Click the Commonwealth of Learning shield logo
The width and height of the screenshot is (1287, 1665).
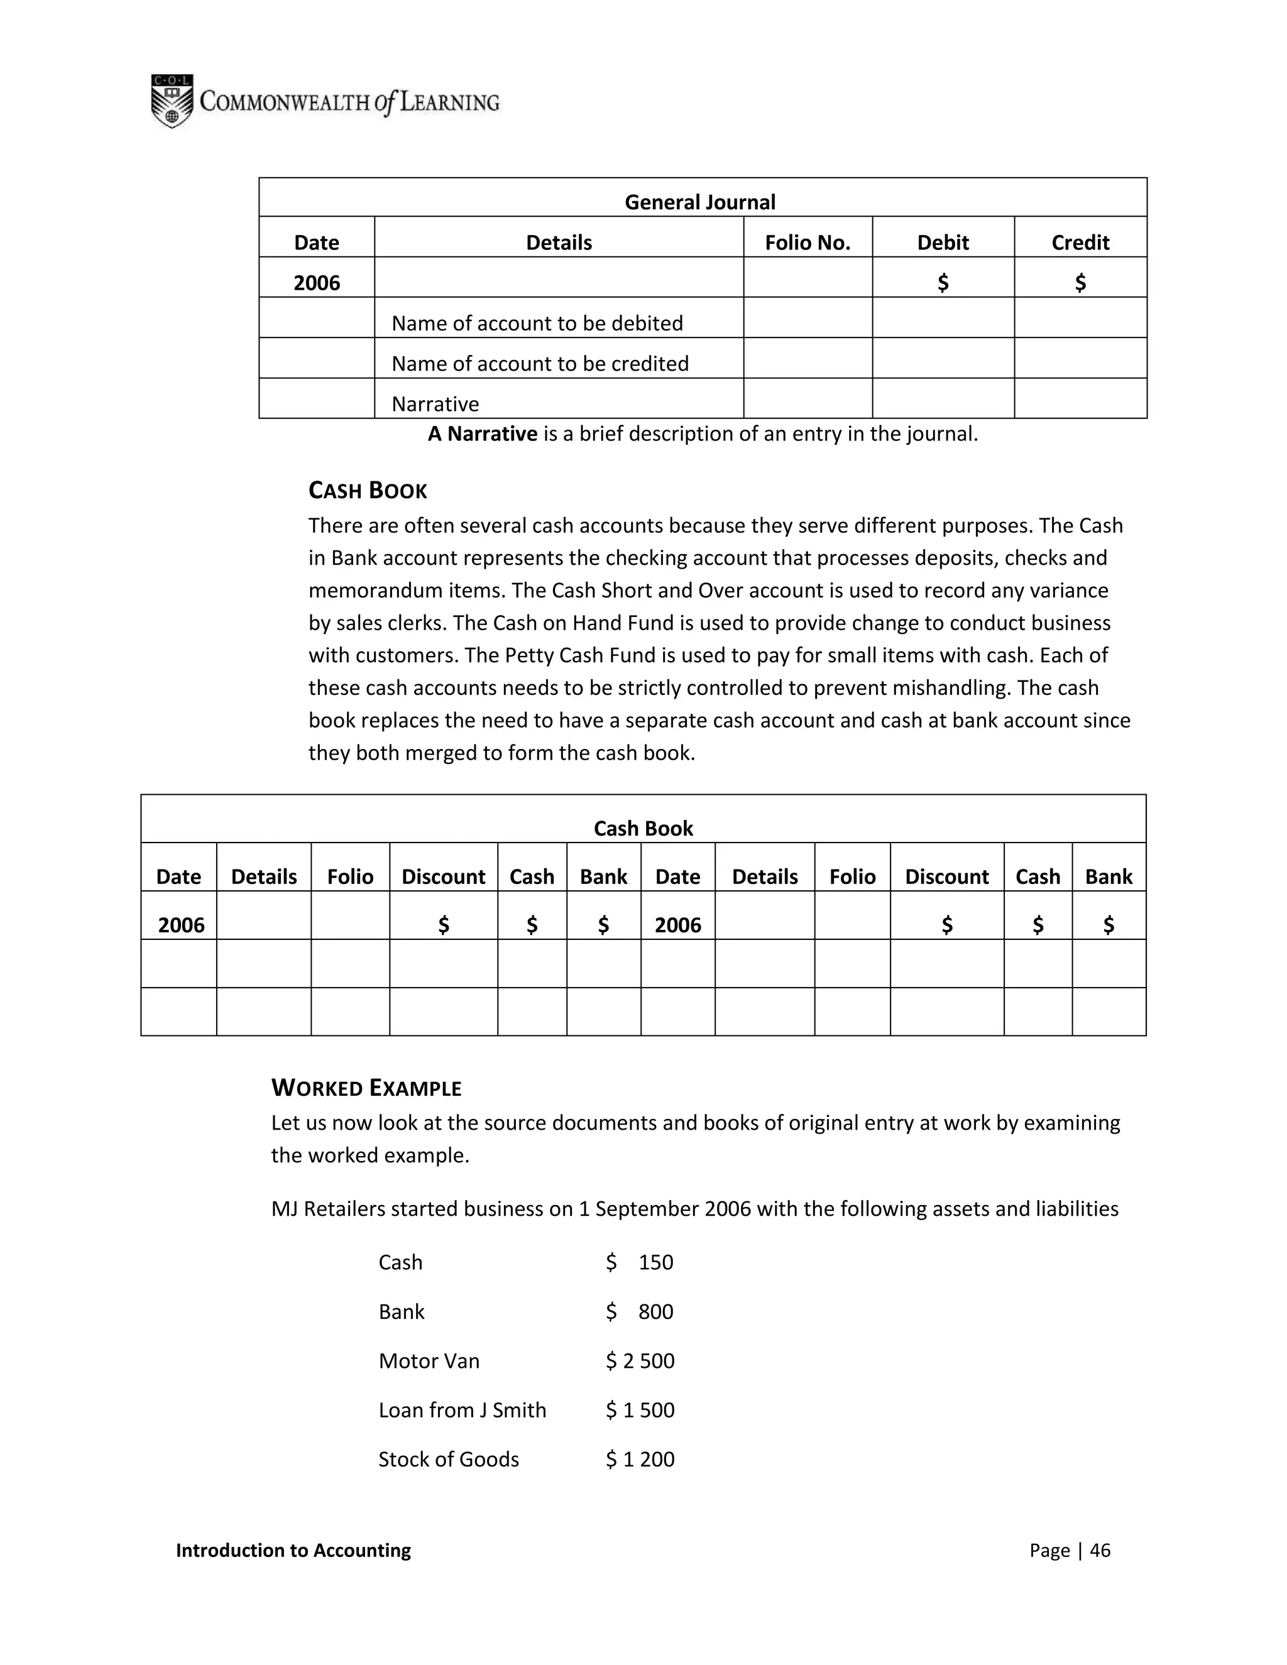tap(172, 101)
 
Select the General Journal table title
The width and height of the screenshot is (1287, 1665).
tap(699, 202)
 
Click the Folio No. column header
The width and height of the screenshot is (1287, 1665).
tap(808, 243)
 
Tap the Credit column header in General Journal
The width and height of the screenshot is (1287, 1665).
tap(1080, 243)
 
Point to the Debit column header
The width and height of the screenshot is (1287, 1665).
tap(943, 243)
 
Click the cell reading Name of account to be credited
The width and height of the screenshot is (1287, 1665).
tap(540, 364)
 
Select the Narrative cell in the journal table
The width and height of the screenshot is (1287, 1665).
tap(435, 404)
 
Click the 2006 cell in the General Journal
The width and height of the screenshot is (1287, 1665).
tap(317, 283)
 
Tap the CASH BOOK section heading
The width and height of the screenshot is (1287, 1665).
tap(368, 490)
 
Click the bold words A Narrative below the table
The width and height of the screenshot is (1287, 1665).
tap(483, 434)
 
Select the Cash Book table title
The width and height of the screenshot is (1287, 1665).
tap(643, 829)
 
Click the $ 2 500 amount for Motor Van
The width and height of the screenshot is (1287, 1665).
tap(640, 1361)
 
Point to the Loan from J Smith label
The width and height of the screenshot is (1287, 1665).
tap(462, 1411)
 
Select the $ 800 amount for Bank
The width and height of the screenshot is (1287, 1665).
tap(640, 1311)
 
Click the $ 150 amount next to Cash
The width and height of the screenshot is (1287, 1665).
tap(640, 1262)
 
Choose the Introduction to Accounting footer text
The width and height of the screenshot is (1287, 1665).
tap(293, 1550)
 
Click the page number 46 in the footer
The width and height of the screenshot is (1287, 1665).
tap(1100, 1550)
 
